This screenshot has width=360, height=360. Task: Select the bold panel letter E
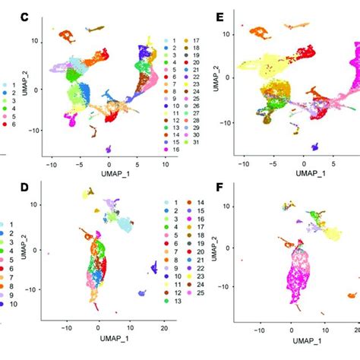tap(221, 16)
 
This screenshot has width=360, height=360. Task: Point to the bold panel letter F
tap(221, 185)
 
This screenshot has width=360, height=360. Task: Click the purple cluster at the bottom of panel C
tap(109, 150)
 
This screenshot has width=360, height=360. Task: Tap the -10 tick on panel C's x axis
tap(51, 163)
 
